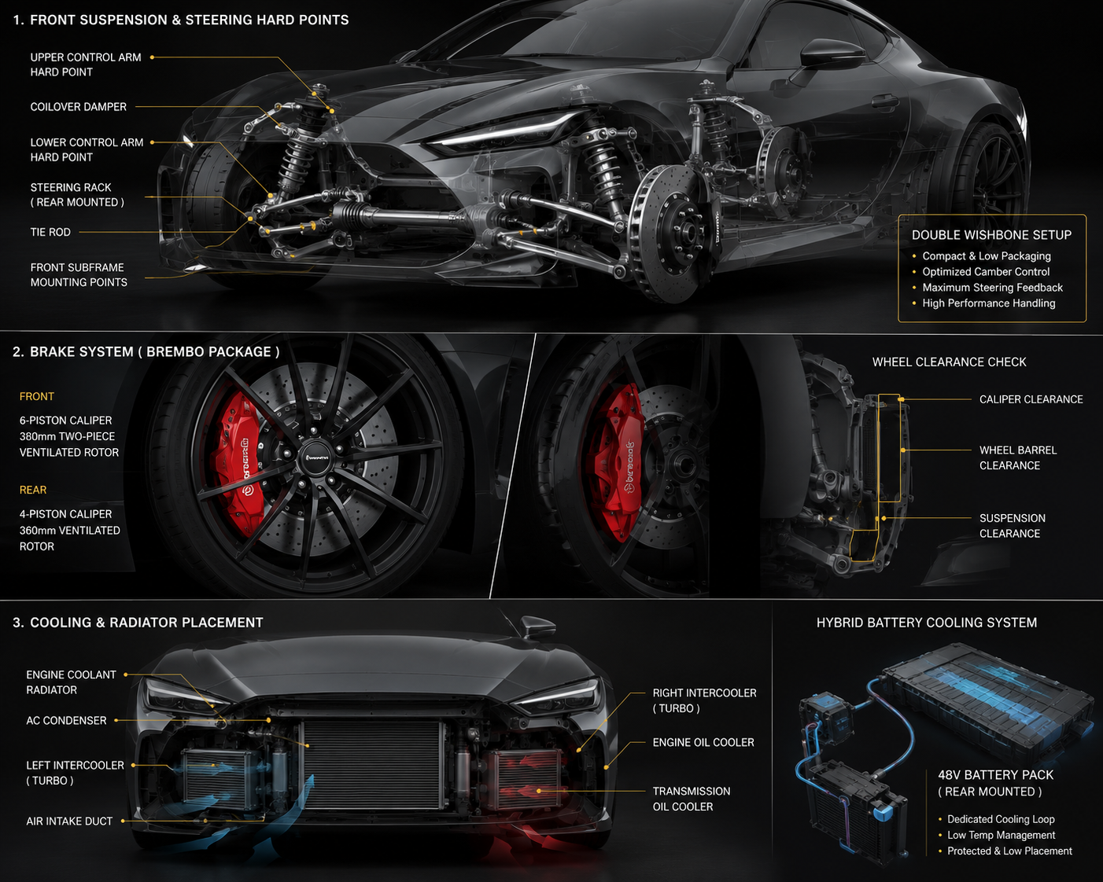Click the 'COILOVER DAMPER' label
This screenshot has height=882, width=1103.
point(79,107)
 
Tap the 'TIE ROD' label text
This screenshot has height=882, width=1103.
point(50,232)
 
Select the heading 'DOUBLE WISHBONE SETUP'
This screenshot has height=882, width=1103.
point(991,235)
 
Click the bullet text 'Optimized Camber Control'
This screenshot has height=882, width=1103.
point(986,271)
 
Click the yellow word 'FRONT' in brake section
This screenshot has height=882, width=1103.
point(36,396)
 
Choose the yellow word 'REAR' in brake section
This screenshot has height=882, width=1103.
point(33,490)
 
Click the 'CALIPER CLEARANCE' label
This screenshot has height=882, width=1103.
point(1031,399)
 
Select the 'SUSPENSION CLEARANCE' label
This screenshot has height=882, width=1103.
point(1012,526)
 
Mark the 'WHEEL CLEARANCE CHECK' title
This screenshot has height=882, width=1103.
point(950,362)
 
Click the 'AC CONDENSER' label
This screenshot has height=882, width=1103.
point(66,721)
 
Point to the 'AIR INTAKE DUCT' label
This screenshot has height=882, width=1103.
point(69,821)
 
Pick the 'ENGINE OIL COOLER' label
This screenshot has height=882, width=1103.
point(703,743)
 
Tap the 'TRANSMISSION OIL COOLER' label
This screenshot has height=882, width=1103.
point(692,799)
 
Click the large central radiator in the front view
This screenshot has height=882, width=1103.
point(373,765)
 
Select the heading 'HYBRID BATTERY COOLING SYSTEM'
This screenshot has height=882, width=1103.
point(927,623)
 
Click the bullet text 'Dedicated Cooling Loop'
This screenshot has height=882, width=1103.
point(1001,819)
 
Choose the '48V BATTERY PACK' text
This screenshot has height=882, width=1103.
point(995,775)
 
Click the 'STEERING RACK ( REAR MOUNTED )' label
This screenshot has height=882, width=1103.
point(77,195)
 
